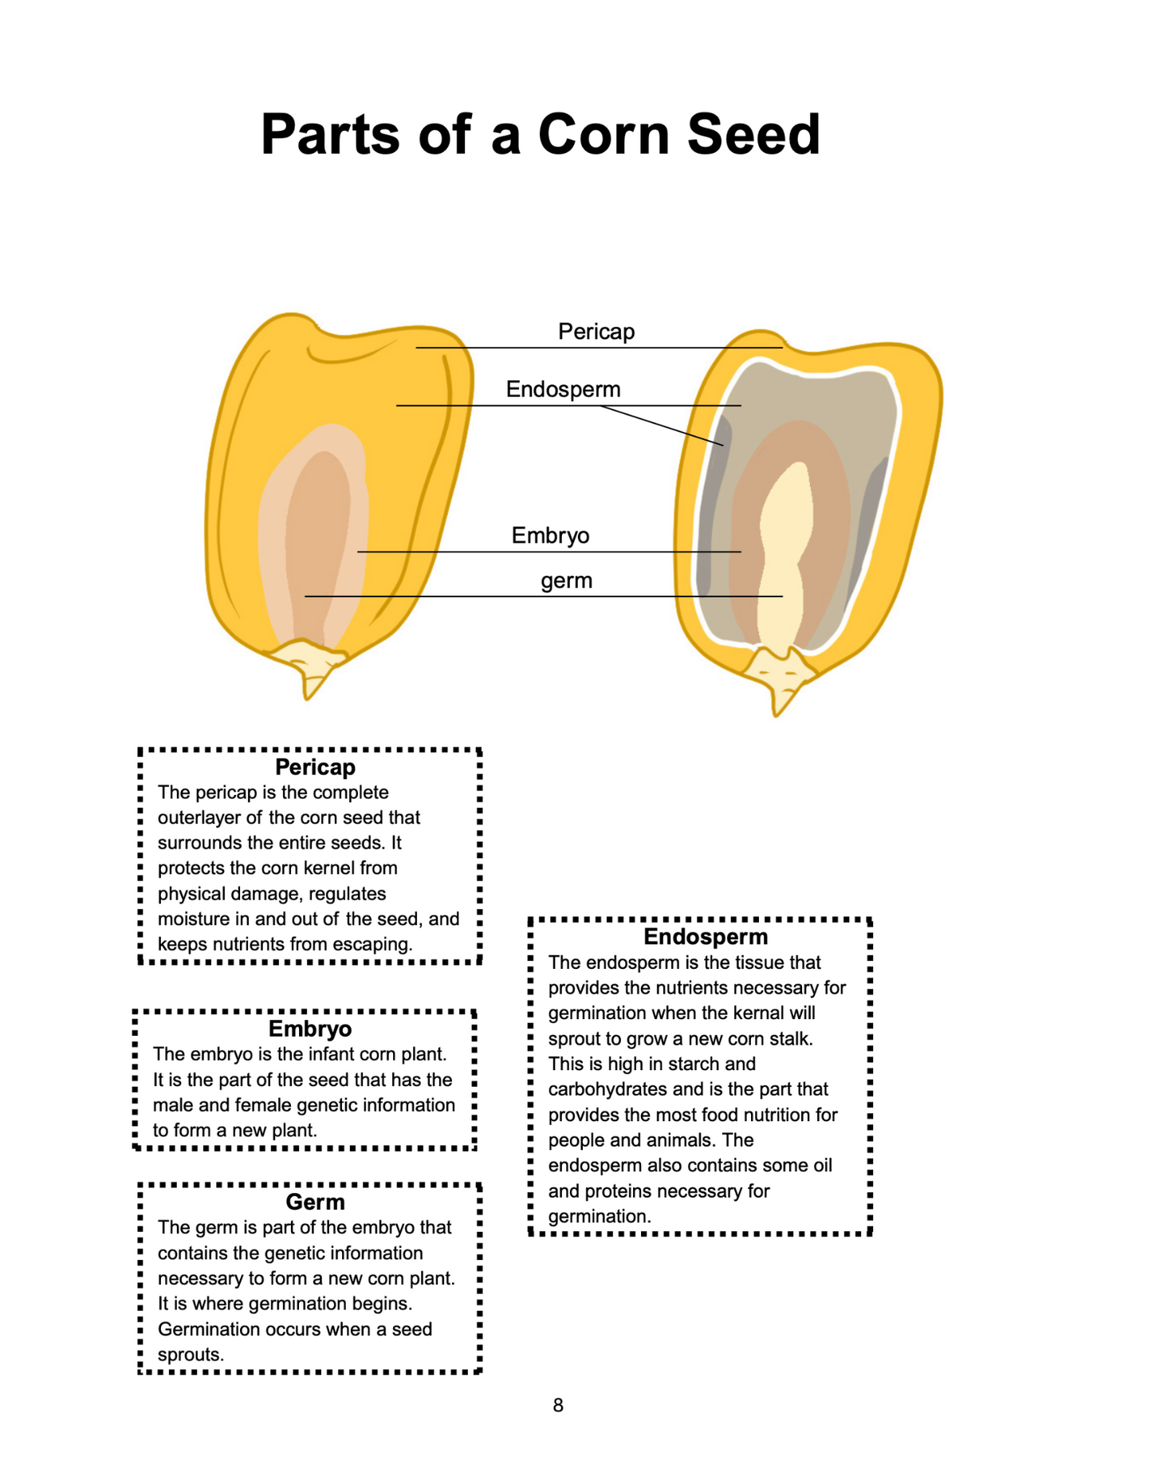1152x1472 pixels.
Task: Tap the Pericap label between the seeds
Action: [x=596, y=331]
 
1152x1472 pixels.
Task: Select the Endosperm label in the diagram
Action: [x=563, y=389]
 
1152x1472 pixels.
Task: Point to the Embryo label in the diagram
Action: [x=550, y=535]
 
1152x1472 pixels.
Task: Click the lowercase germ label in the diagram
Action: [x=566, y=581]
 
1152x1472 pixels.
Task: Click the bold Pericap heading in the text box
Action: [x=315, y=767]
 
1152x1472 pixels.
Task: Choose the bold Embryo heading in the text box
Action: [x=310, y=1029]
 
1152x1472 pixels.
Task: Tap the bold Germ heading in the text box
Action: [x=315, y=1202]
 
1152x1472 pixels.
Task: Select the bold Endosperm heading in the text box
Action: [x=706, y=937]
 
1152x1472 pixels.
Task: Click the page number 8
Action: [x=558, y=1405]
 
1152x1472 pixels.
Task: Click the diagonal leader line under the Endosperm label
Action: [x=662, y=426]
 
